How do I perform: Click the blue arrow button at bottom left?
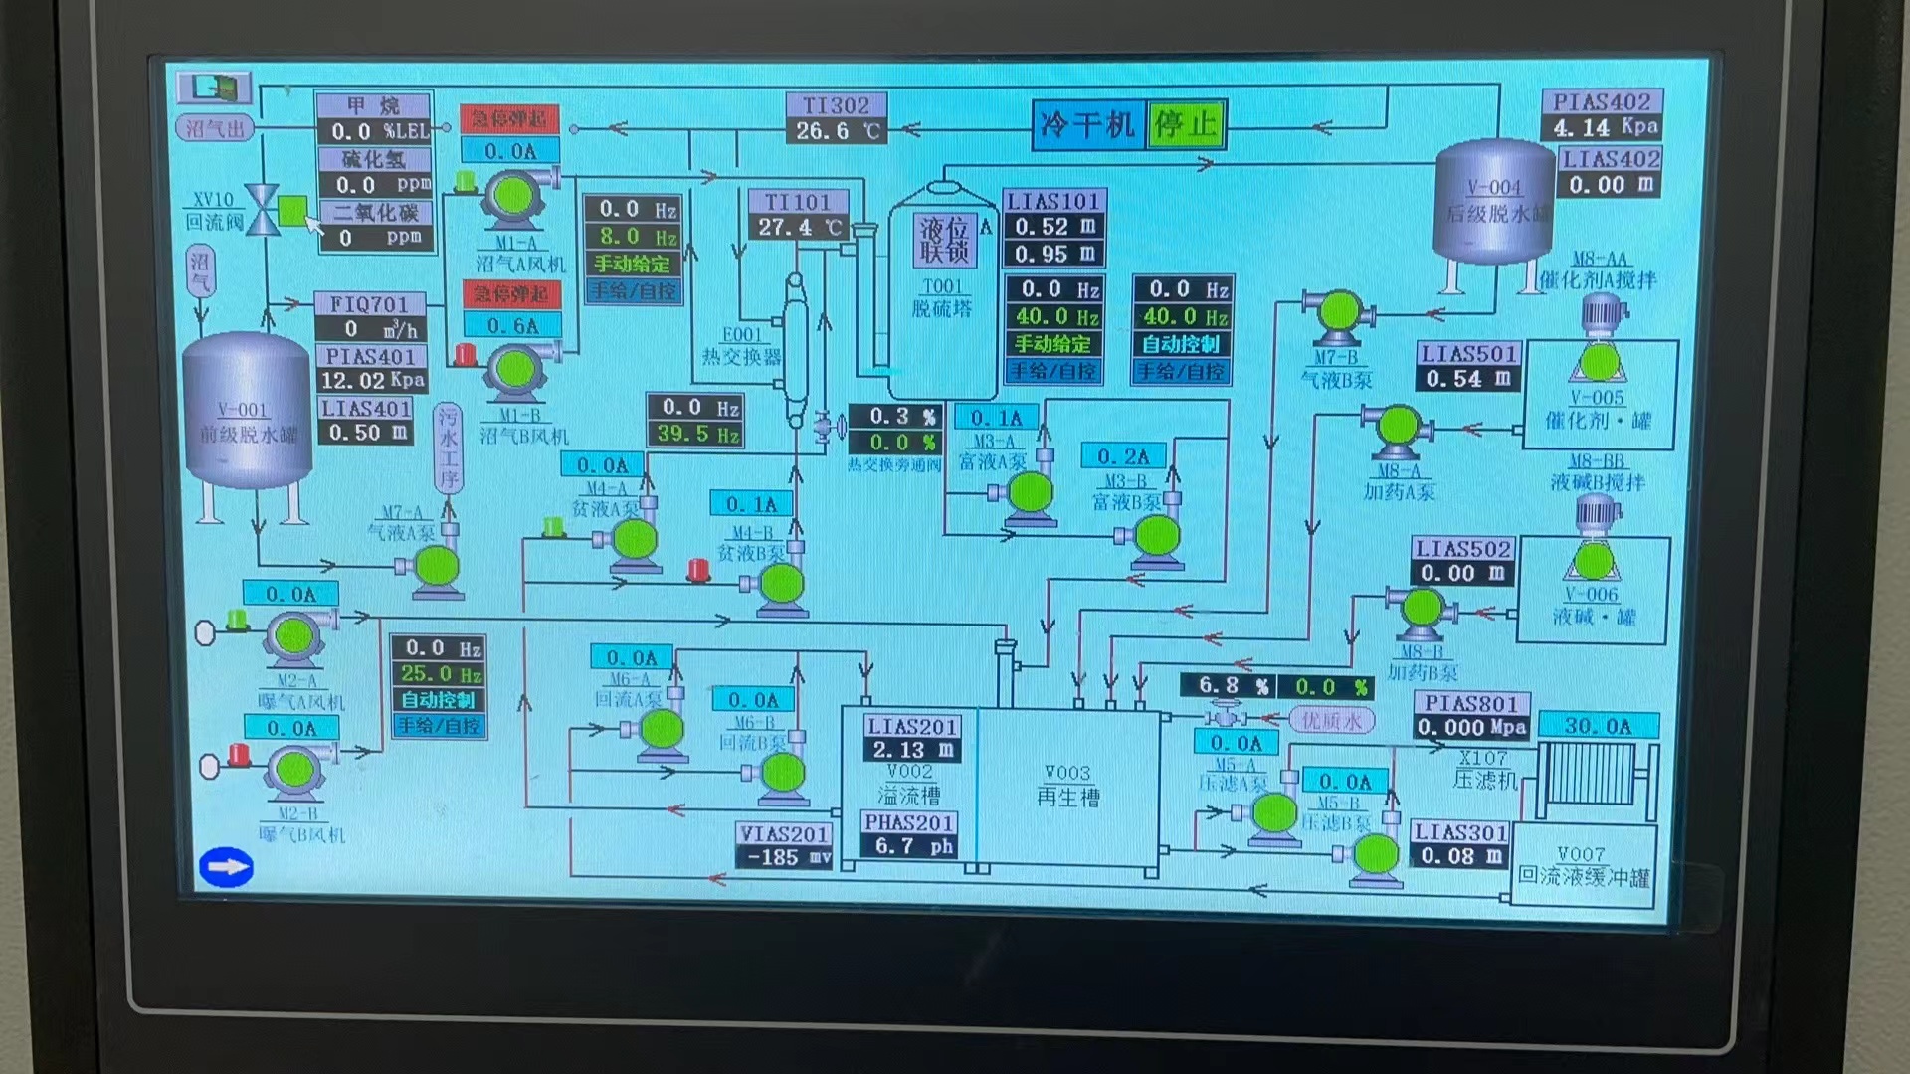pos(226,866)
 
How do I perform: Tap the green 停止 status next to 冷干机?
pos(1185,124)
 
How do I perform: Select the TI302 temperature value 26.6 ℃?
pos(838,131)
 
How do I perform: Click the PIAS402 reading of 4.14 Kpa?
pos(1602,127)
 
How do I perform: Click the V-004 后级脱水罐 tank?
pos(1493,203)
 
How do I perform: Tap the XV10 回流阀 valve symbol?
pos(263,209)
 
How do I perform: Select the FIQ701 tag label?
pos(369,303)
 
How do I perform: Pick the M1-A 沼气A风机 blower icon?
pos(513,196)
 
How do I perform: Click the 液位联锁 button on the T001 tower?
pos(943,240)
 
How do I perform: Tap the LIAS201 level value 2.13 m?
pos(912,750)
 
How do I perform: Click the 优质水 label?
pos(1331,720)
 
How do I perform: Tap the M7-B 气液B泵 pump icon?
pos(1338,313)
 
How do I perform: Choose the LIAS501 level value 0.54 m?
pos(1467,379)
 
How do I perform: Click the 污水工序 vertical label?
pos(448,448)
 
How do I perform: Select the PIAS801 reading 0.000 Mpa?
pos(1471,728)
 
